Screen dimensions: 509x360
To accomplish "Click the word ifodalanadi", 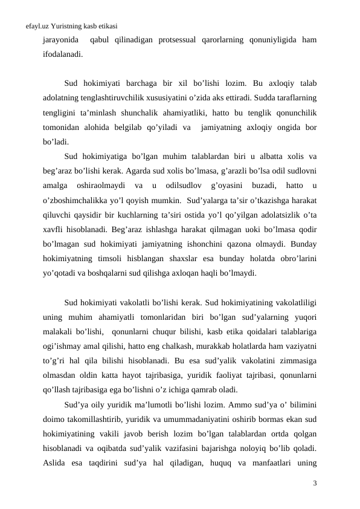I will click(63, 54).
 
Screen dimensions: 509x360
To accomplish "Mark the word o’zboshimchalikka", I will click(77, 194).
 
